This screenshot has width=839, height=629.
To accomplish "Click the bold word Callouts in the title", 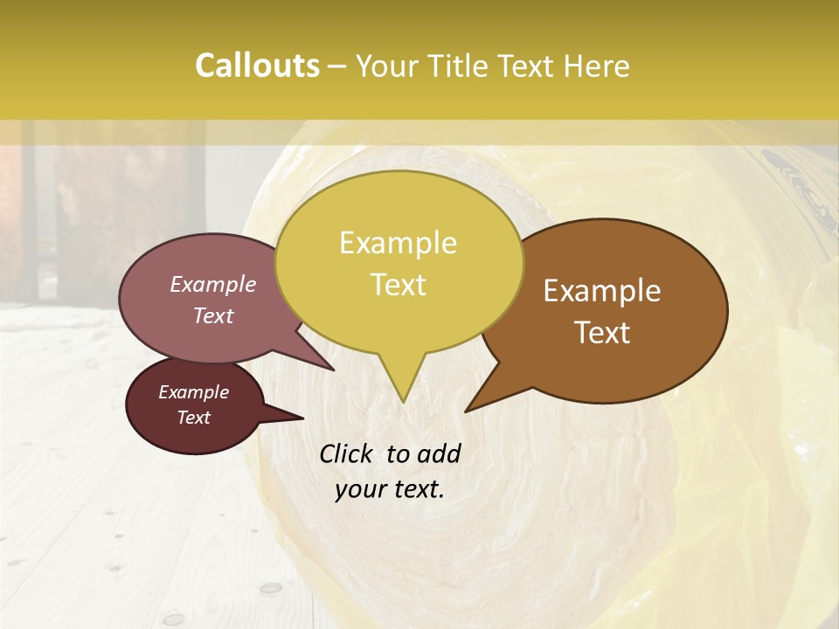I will (x=257, y=66).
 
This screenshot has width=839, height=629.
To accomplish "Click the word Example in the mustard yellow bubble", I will (x=398, y=243).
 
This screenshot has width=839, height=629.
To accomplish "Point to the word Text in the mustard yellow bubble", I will (x=398, y=285).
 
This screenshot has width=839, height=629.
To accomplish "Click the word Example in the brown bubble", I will (x=602, y=291).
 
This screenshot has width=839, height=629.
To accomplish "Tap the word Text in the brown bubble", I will (x=603, y=333).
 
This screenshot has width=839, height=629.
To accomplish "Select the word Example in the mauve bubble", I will (x=212, y=284).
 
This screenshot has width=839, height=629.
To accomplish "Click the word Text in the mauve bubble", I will (x=213, y=315).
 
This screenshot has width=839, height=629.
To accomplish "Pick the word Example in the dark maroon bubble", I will (x=193, y=392).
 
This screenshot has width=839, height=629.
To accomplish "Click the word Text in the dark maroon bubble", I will (x=193, y=418).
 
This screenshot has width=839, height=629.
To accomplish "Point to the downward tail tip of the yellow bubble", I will (x=403, y=401).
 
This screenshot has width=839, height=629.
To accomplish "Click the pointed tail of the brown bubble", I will (x=468, y=409).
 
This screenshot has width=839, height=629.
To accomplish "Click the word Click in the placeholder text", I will (x=347, y=453).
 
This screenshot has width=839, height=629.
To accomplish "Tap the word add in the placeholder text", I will (x=439, y=453).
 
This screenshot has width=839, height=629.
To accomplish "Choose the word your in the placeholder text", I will (x=360, y=489).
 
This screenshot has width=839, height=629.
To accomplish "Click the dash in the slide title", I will (x=337, y=66).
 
